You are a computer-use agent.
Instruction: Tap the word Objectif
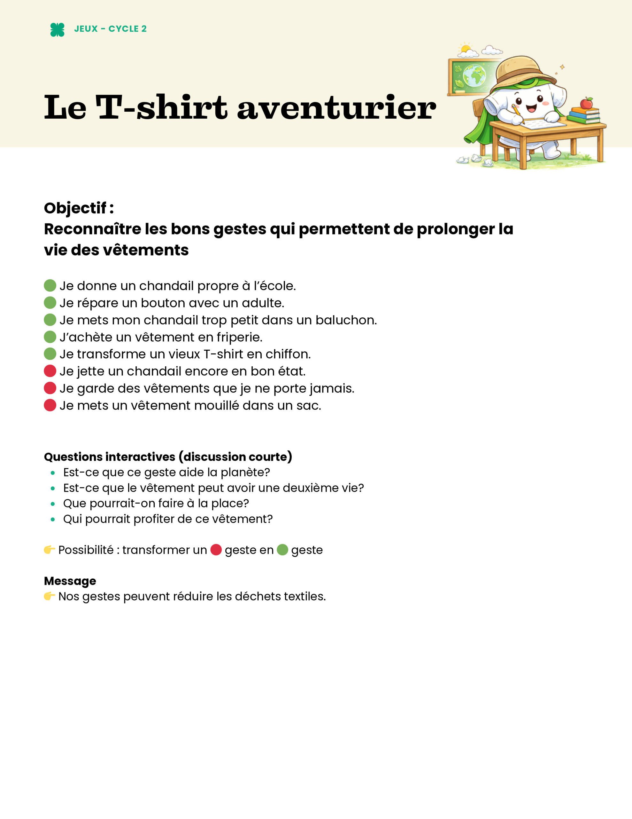pyautogui.click(x=75, y=208)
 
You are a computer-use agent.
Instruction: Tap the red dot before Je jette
pyautogui.click(x=50, y=371)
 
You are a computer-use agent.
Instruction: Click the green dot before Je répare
pyautogui.click(x=50, y=303)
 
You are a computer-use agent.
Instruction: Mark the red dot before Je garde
pyautogui.click(x=50, y=388)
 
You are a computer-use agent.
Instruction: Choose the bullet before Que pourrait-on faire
pyautogui.click(x=53, y=504)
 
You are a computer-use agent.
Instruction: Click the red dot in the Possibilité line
pyautogui.click(x=216, y=550)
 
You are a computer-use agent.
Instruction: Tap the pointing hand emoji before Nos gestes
pyautogui.click(x=49, y=596)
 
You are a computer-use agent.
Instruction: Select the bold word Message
pyautogui.click(x=70, y=581)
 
